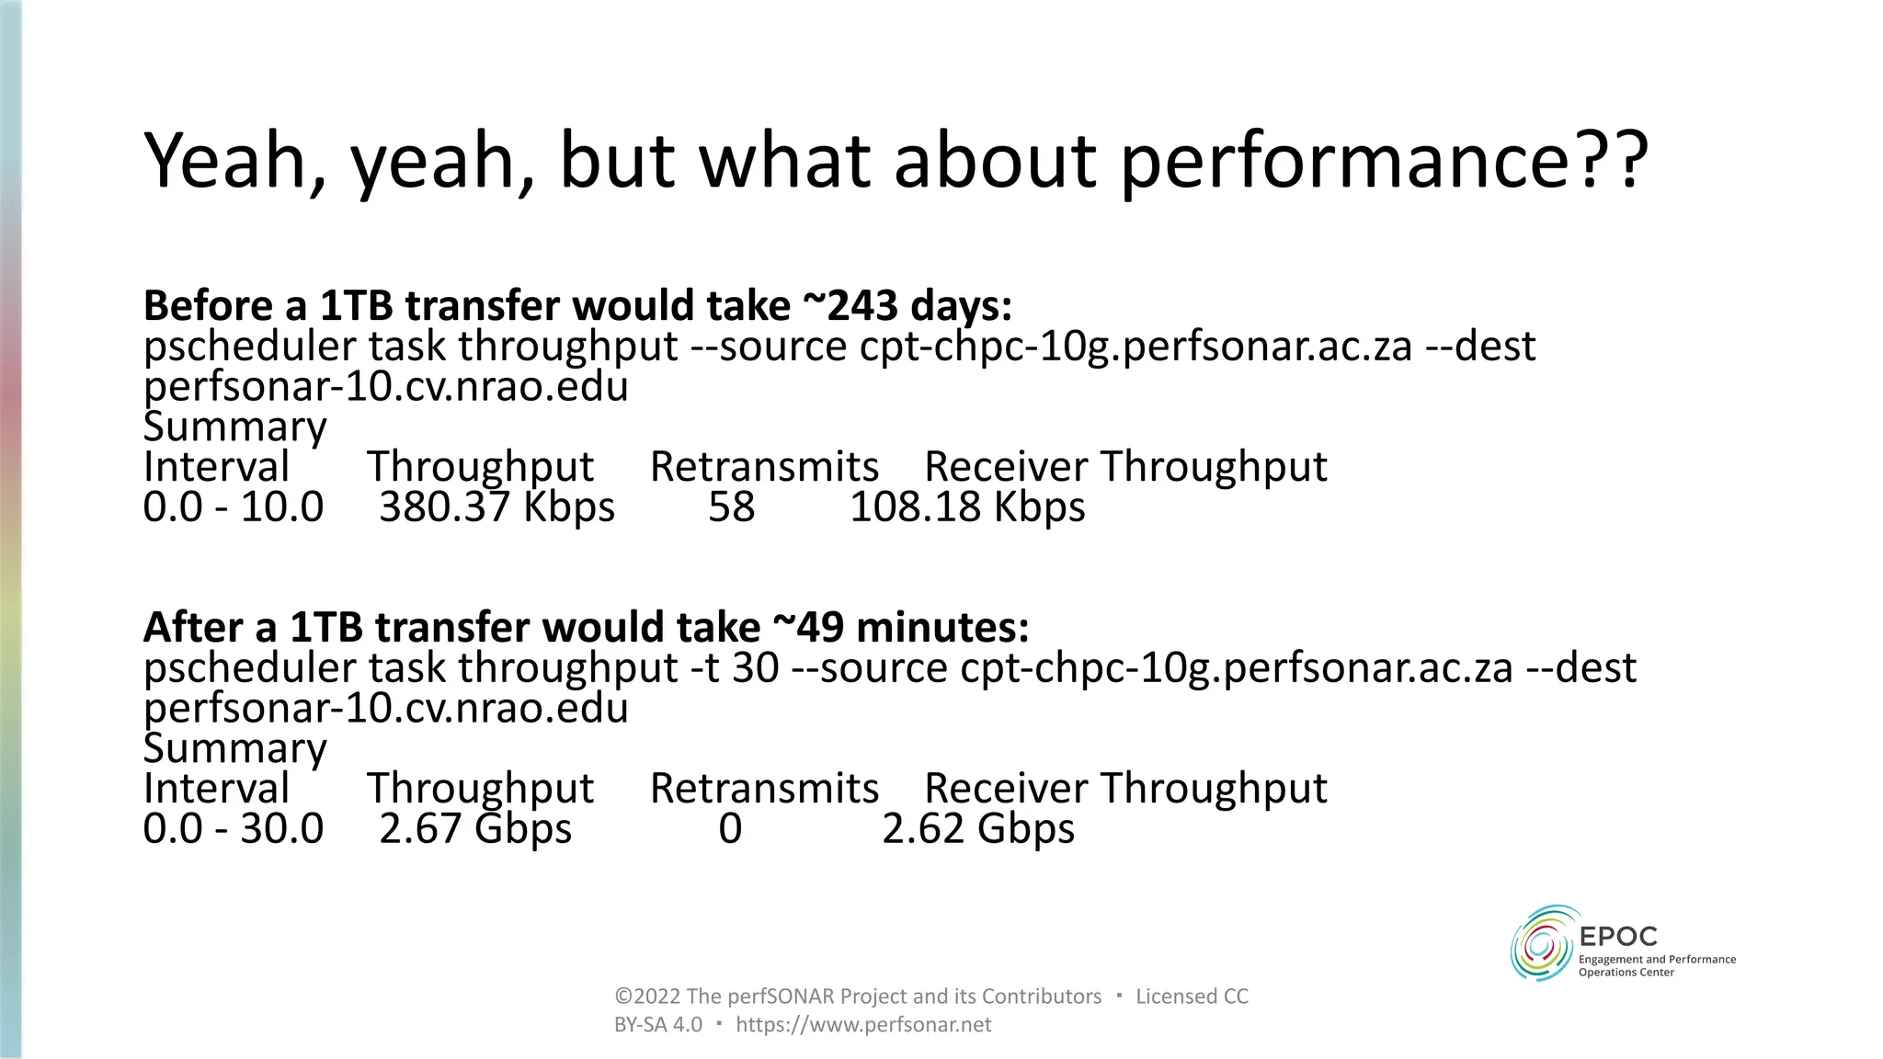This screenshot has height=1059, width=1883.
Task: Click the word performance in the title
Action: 1384,162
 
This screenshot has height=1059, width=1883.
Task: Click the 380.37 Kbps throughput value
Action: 496,507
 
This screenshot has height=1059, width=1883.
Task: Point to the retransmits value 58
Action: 731,507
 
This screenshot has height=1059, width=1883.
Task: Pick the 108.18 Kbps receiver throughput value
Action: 967,507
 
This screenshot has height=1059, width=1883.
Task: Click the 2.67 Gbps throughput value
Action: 475,828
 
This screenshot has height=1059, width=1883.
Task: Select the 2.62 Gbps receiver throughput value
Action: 978,828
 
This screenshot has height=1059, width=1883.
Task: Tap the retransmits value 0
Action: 730,828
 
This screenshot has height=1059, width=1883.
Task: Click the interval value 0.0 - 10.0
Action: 234,507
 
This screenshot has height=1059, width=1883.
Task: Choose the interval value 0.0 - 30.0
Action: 234,828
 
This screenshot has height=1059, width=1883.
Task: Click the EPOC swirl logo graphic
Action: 1542,943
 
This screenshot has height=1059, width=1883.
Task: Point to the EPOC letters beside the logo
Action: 1618,937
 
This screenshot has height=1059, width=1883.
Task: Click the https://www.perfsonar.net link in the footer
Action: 863,1024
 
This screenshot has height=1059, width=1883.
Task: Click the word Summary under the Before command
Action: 235,427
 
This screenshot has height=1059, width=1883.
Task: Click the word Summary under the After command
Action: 235,748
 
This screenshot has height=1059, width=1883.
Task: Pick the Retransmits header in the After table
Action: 764,789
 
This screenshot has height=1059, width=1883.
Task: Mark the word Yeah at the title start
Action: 235,162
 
